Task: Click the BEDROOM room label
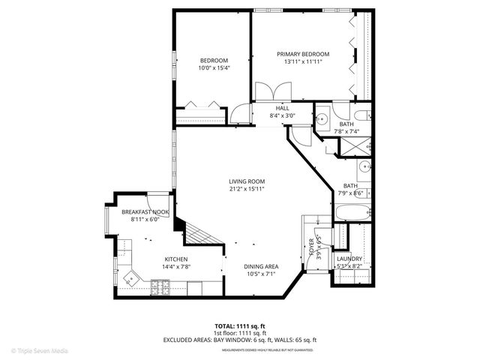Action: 213,61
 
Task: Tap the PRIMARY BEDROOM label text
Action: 302,54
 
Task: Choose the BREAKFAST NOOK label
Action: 145,212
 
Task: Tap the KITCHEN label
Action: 176,259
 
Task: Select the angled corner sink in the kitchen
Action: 133,278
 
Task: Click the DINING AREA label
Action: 261,266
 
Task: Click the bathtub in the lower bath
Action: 352,211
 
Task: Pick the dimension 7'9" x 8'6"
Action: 352,193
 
